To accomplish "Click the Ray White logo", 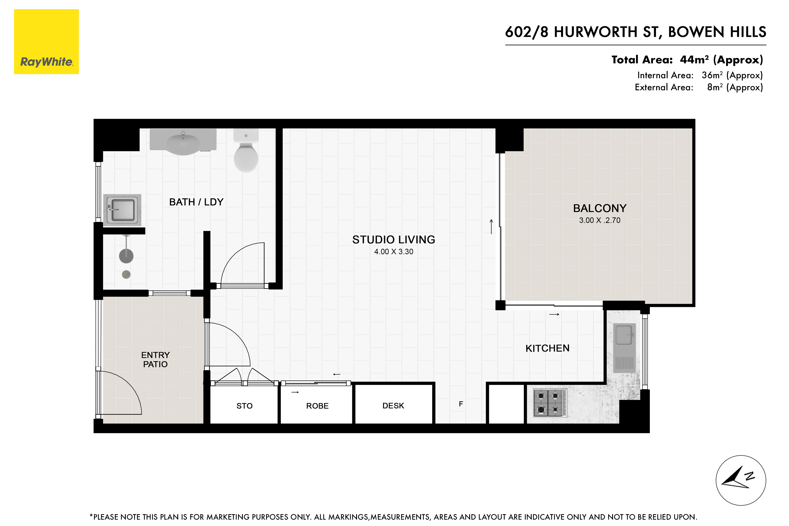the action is tap(46, 42).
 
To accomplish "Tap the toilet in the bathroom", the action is tap(246, 151).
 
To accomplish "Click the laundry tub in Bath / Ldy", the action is tap(123, 210).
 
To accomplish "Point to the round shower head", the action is tap(126, 256).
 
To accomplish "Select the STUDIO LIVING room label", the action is tap(393, 240).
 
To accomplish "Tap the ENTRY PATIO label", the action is tap(155, 360).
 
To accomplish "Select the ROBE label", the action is tap(317, 406).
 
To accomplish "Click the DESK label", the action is tap(393, 406).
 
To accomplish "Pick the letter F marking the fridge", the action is tap(461, 404).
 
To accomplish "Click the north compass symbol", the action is tap(741, 480).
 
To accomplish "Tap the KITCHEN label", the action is tap(547, 348).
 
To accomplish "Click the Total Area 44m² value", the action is tap(694, 60).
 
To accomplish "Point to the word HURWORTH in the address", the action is tap(595, 32).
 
